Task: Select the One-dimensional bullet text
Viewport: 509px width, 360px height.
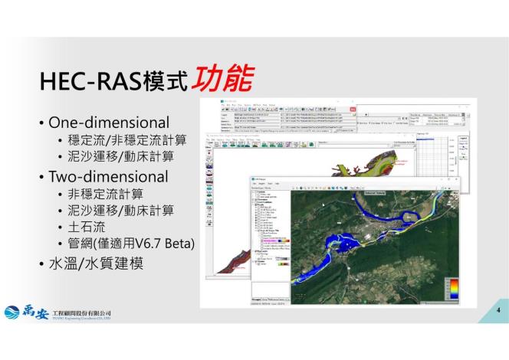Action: click(x=109, y=123)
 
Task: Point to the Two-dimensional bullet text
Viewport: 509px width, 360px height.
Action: click(x=108, y=176)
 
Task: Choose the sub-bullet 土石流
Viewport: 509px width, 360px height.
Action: click(x=84, y=227)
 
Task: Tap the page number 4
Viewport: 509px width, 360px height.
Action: click(x=498, y=310)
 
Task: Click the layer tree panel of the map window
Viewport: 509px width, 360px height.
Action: click(x=271, y=237)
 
